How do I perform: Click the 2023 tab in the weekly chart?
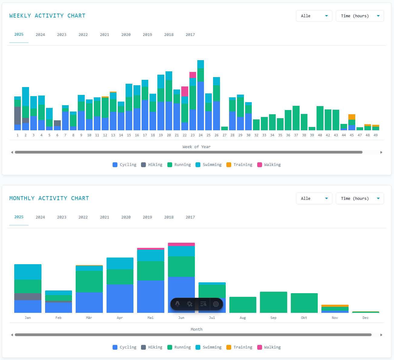[x=61, y=35]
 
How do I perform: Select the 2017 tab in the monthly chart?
[x=190, y=217]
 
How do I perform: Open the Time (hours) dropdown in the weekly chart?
[x=360, y=16]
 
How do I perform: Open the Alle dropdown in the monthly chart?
[x=314, y=199]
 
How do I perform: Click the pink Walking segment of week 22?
[x=185, y=91]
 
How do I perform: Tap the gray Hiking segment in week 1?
[x=18, y=115]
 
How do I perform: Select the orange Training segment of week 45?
[x=352, y=117]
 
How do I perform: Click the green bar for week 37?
[x=296, y=118]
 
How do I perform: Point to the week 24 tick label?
[x=201, y=135]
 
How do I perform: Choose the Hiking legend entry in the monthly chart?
[x=152, y=347]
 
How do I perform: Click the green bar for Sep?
[x=273, y=302]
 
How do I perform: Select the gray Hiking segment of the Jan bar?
[x=28, y=297]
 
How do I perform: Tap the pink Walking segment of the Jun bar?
[x=181, y=244]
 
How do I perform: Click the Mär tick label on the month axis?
[x=89, y=318]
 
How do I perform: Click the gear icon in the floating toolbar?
[x=216, y=304]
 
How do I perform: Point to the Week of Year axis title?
[x=196, y=147]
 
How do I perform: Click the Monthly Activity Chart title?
[x=49, y=198]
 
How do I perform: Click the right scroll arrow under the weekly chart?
[x=381, y=152]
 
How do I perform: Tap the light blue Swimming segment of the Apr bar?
[x=120, y=263]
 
